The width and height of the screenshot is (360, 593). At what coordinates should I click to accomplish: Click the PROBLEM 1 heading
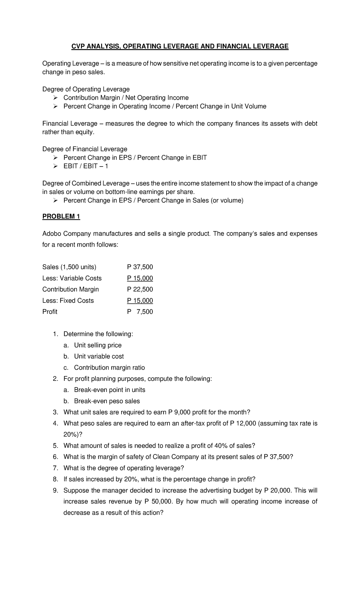[61, 216]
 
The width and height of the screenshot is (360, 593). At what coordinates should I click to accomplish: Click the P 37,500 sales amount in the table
[140, 267]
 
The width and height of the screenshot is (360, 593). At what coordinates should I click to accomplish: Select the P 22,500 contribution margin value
[140, 289]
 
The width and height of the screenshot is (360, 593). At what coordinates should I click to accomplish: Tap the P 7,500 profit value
[140, 312]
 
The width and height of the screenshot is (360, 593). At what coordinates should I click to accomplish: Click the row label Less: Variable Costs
[72, 278]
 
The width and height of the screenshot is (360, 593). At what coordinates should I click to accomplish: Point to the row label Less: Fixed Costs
[68, 300]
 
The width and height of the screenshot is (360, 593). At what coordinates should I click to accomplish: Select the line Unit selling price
[98, 345]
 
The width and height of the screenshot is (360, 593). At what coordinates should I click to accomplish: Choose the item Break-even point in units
[109, 390]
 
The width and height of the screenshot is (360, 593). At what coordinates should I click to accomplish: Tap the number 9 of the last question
[55, 490]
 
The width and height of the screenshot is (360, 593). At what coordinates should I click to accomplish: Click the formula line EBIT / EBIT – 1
[86, 166]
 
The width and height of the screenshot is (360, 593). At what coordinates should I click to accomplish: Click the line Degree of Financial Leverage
[85, 149]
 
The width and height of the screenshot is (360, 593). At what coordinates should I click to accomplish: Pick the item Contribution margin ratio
[109, 368]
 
